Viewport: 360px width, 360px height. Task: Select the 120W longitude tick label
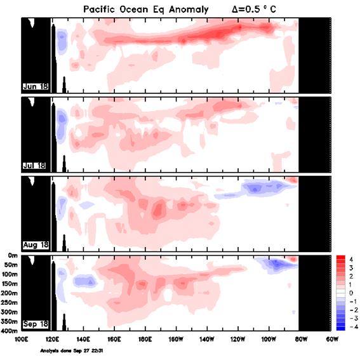[x=237, y=340]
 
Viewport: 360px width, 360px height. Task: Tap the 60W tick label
[x=331, y=340]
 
